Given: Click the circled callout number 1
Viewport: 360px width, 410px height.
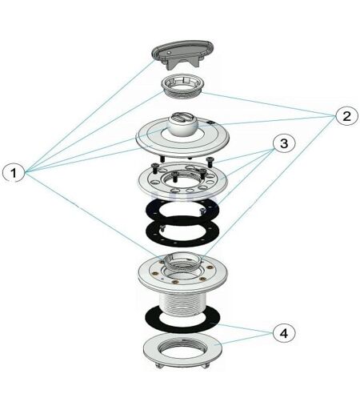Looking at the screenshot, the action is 14,173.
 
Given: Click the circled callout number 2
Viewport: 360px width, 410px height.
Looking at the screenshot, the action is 346,116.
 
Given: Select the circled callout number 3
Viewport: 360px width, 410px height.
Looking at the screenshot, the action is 284,143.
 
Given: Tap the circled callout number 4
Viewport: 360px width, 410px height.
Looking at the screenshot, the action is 284,333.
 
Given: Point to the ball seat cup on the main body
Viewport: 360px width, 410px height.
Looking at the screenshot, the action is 182,261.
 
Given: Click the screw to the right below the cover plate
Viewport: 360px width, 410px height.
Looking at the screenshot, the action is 210,161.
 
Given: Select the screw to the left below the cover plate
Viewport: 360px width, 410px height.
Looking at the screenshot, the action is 162,159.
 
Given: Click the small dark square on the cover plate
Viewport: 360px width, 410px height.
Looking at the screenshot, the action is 211,123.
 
